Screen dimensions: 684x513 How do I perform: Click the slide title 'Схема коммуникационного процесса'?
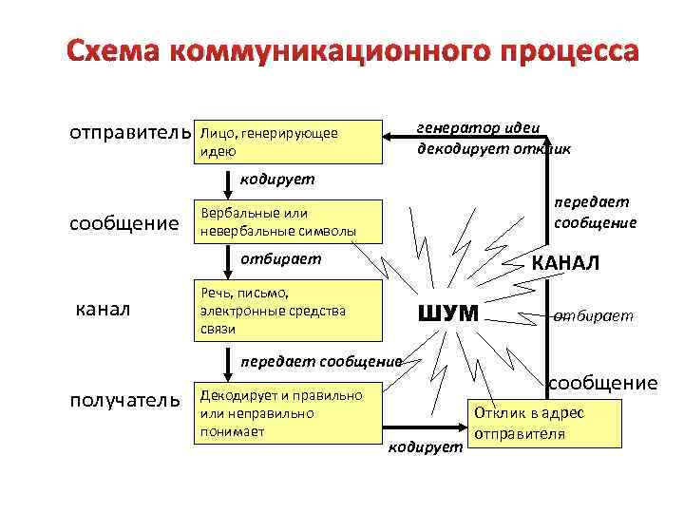pos(352,50)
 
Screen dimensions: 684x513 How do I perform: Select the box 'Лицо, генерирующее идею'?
pos(286,142)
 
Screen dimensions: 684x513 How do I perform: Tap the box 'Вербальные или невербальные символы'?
pos(286,221)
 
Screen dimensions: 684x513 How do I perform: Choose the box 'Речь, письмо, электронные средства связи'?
pos(286,309)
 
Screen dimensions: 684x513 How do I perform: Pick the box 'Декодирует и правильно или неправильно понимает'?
pos(286,413)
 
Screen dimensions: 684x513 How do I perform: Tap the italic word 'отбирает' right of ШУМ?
pos(594,315)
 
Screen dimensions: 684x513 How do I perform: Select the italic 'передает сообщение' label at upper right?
pos(595,212)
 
